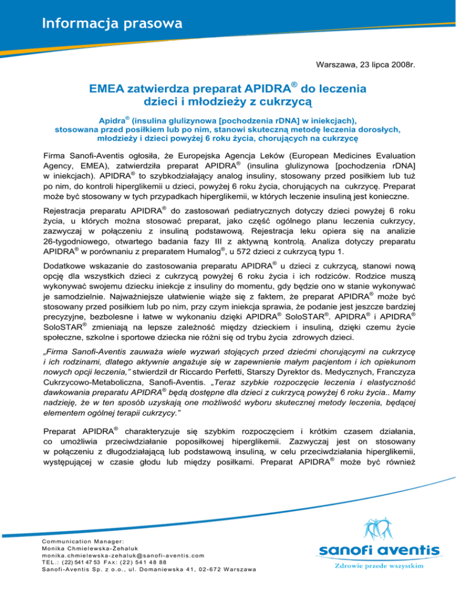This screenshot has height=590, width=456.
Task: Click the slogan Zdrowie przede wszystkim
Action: point(379,566)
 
